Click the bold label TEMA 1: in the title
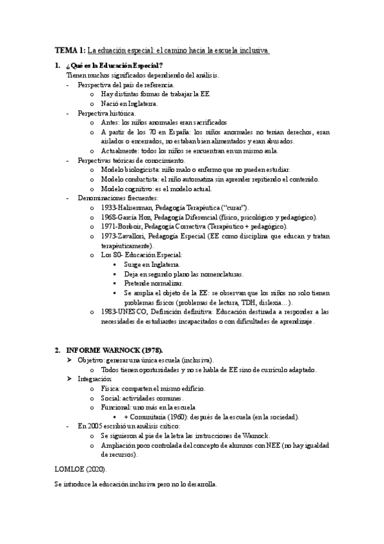(70, 50)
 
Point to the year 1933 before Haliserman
(108, 207)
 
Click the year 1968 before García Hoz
(108, 217)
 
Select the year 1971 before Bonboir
(108, 226)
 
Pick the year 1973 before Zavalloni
(108, 236)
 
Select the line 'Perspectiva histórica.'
(106, 112)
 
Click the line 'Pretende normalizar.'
(153, 283)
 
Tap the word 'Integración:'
(94, 379)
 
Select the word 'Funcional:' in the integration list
(115, 407)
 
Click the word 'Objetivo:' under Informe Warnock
(91, 360)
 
